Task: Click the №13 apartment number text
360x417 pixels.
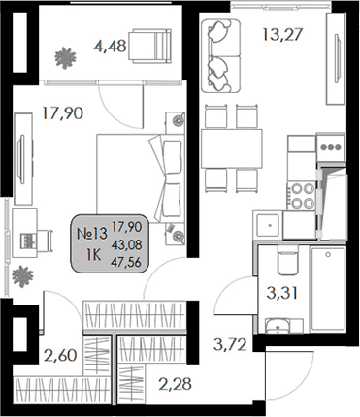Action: tap(92, 233)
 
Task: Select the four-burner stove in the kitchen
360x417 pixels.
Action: tap(302, 190)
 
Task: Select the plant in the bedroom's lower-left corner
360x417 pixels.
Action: tap(21, 282)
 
